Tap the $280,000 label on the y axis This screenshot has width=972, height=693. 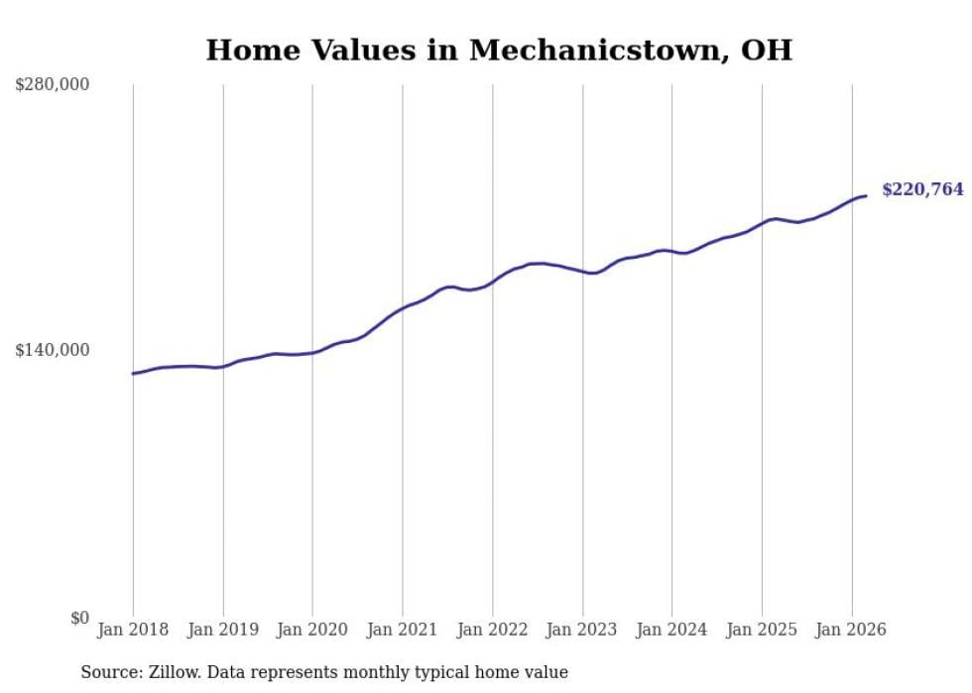tap(52, 85)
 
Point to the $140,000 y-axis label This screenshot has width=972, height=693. tap(52, 350)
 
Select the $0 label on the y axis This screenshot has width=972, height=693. tap(79, 618)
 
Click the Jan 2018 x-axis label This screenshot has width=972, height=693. tap(133, 630)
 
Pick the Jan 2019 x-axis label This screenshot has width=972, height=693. tap(223, 630)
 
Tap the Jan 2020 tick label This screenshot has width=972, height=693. tap(312, 630)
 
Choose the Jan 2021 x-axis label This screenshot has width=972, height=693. tap(403, 630)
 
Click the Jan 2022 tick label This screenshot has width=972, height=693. tap(493, 630)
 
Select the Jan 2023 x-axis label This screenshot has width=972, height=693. tap(582, 630)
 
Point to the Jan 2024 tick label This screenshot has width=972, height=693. tap(672, 630)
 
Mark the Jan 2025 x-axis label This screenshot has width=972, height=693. tap(762, 630)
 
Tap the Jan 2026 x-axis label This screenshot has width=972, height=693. tap(852, 630)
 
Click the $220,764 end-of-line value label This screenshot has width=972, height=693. tap(922, 189)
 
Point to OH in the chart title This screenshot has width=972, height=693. tap(767, 51)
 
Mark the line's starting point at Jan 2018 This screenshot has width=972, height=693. tap(133, 374)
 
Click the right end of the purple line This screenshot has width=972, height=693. tap(866, 195)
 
